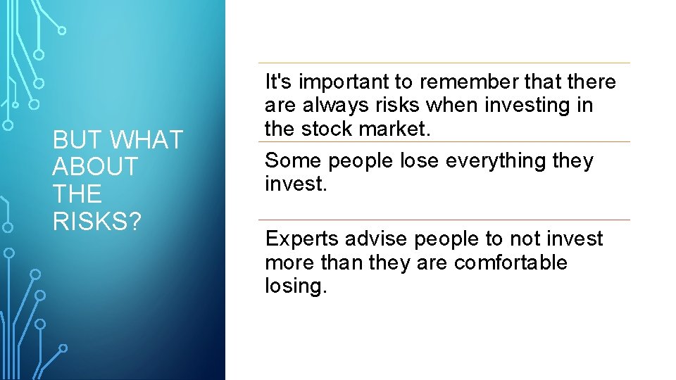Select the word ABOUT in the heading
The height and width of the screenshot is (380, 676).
click(x=95, y=167)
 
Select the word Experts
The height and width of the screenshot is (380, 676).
click(x=302, y=239)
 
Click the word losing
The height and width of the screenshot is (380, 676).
click(x=296, y=286)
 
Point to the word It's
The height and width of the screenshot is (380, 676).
click(x=278, y=82)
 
